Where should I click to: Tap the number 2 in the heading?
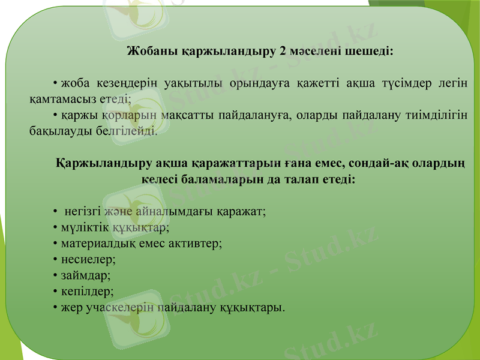tap(282, 50)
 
